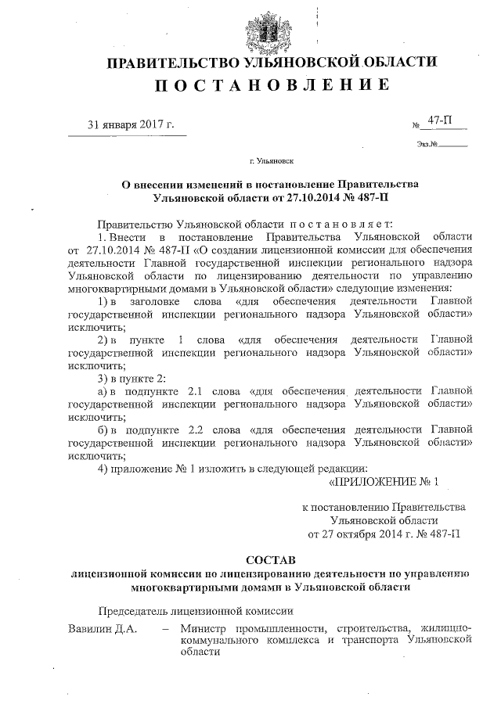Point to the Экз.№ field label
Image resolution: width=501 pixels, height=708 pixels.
[424, 144]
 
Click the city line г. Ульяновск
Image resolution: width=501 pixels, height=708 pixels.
[271, 161]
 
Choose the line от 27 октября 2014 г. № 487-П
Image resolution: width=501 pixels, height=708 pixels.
[384, 534]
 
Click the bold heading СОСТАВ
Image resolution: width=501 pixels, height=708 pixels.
[271, 561]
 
